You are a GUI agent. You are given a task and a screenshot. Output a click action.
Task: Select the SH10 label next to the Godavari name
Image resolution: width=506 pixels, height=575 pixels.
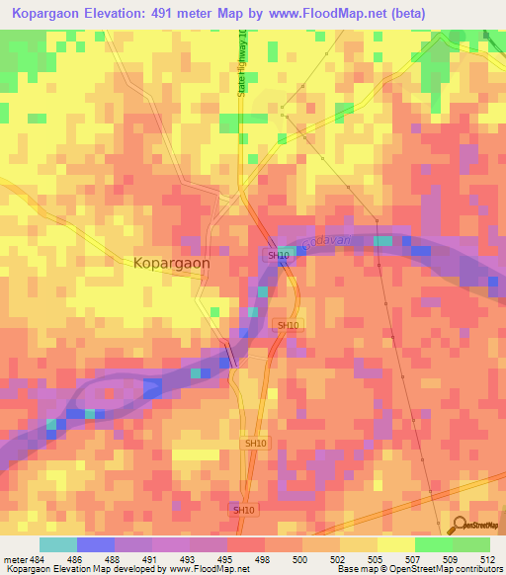tap(277, 255)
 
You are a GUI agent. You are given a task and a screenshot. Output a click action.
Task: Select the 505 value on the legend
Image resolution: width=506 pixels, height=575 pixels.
tap(374, 558)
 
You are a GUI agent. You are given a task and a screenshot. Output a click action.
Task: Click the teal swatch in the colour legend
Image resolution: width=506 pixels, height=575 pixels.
tap(57, 544)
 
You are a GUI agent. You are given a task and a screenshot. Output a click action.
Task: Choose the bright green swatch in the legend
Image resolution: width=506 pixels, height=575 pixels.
tap(433, 544)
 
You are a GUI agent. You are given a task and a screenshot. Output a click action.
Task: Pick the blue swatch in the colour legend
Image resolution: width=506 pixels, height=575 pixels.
tap(96, 544)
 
